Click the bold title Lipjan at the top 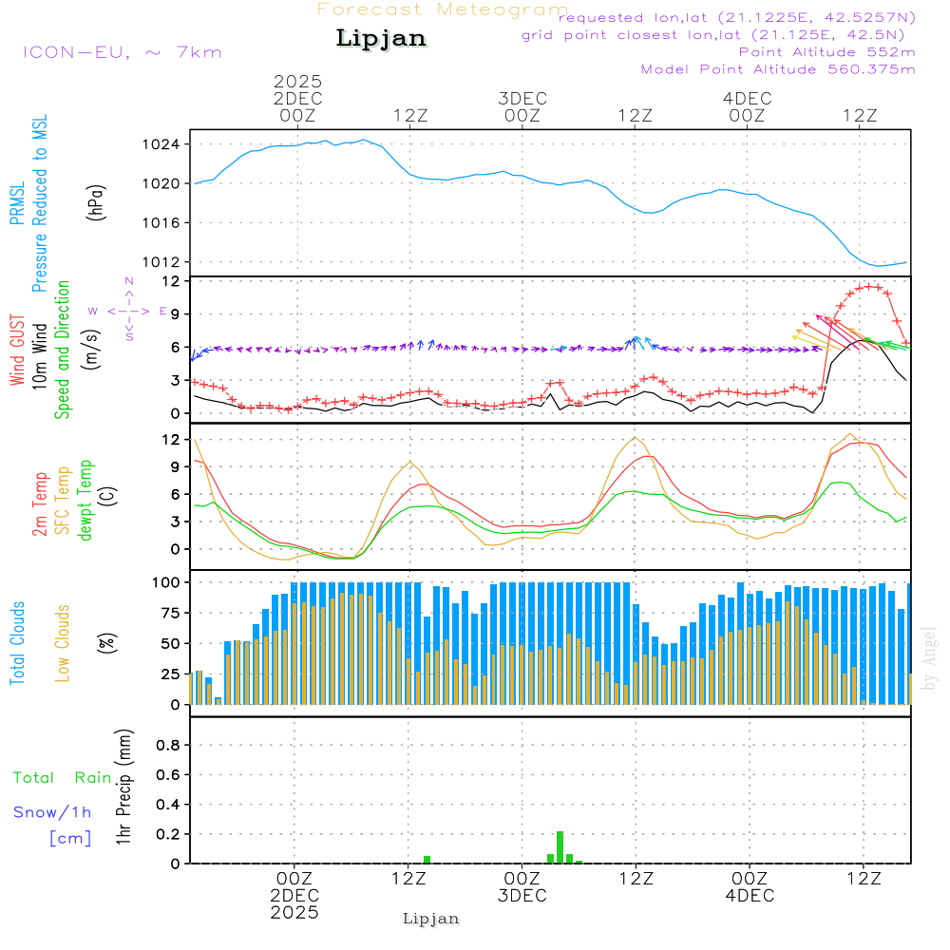pos(381,39)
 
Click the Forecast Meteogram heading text pos(443,9)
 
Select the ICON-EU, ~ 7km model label pos(122,52)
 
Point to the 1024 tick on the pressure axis pos(167,144)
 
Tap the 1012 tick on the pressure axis pos(167,262)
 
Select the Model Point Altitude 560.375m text pos(778,69)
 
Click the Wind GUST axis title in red pos(17,349)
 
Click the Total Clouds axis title pos(17,643)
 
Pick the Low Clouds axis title pos(63,643)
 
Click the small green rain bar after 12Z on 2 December pos(427,859)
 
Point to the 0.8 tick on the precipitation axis pos(167,746)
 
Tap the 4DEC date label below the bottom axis pos(749,896)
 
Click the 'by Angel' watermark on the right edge pos(930,657)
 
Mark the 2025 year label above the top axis pos(297,82)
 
